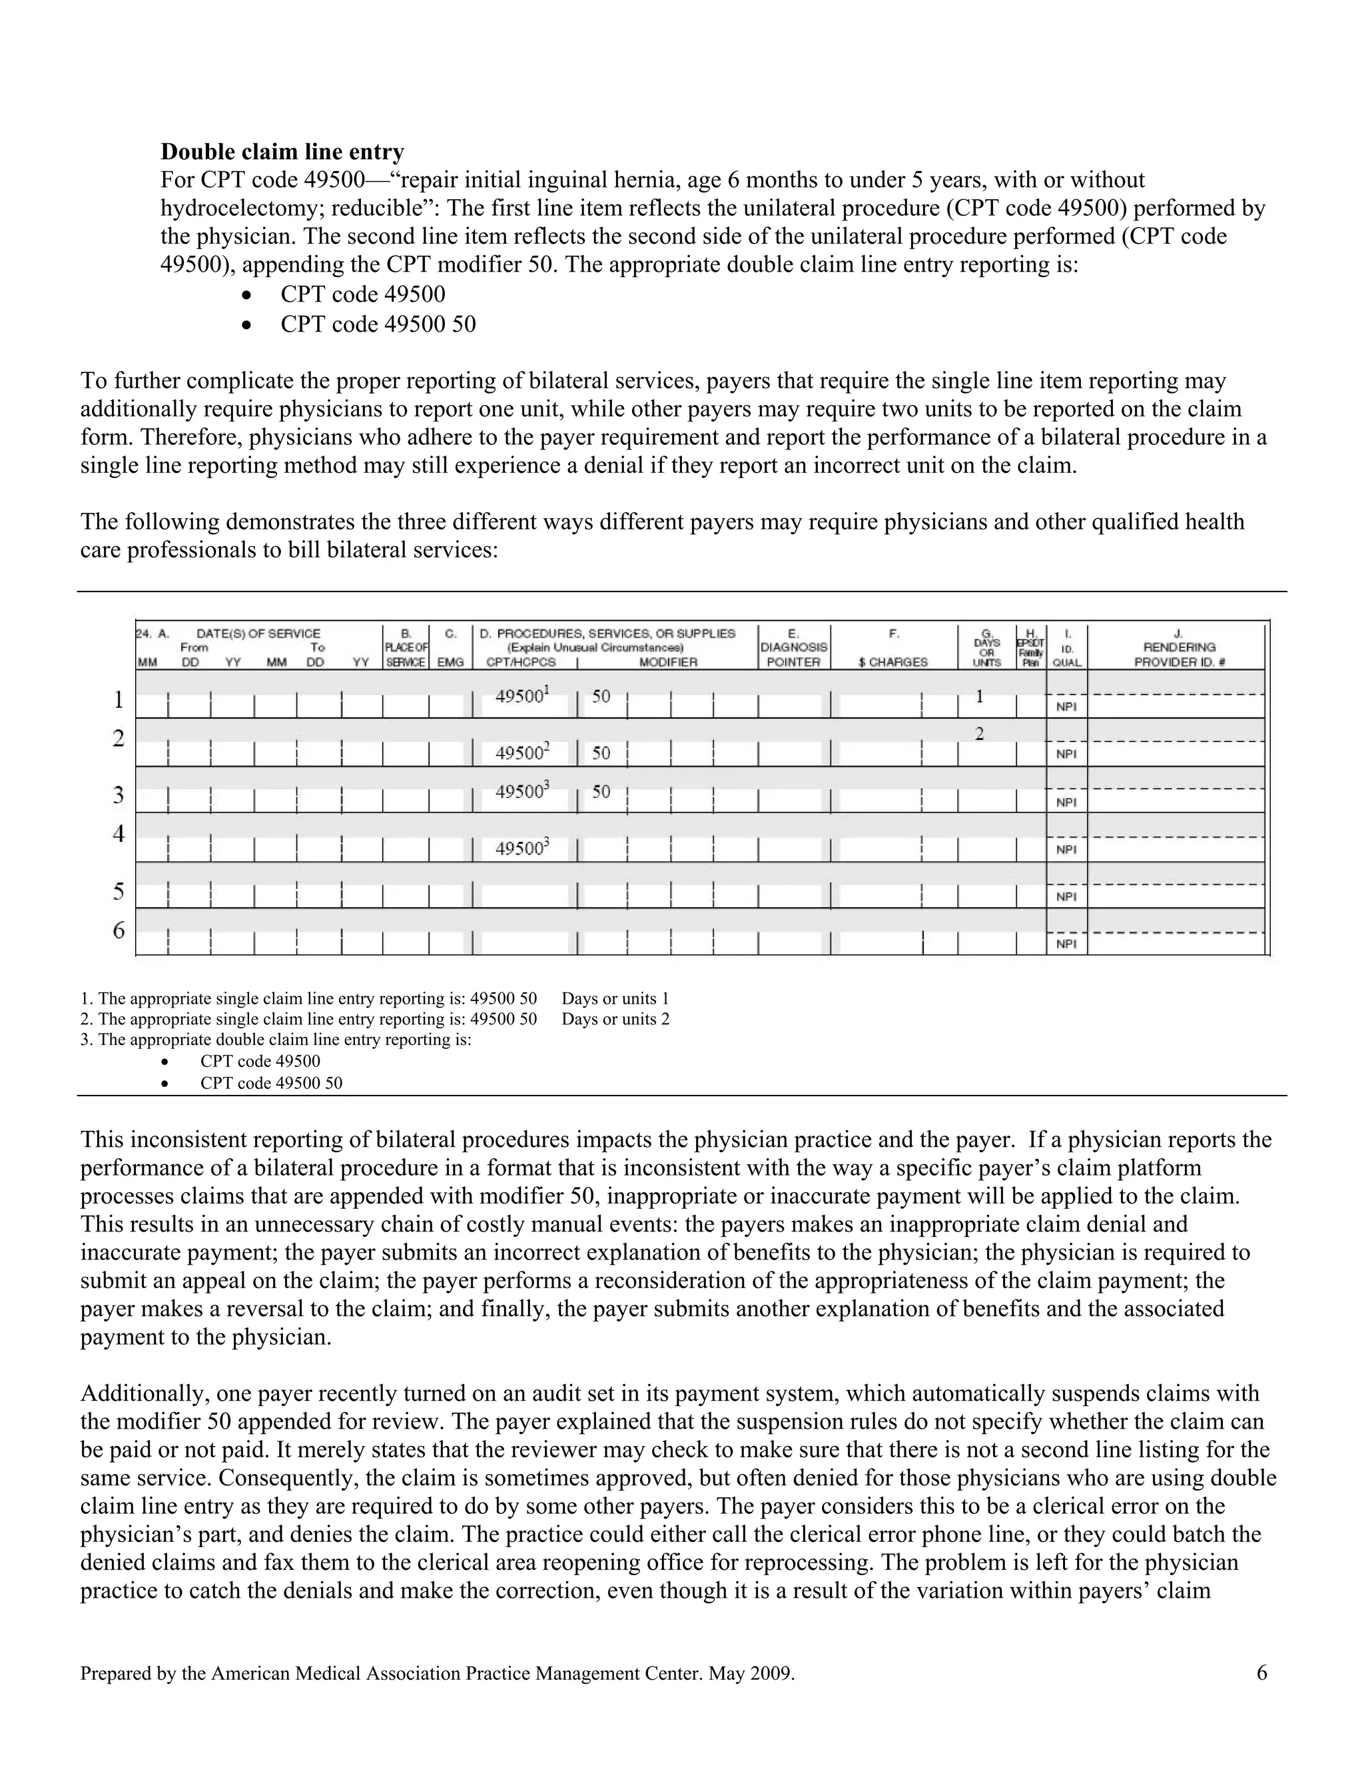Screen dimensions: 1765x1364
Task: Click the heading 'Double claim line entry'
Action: (282, 152)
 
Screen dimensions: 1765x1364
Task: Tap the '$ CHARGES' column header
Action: (893, 662)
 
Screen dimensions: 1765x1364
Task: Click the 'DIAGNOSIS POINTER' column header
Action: (793, 654)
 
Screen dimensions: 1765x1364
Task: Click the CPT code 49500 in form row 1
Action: (519, 696)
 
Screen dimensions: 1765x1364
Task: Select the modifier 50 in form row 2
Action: (601, 753)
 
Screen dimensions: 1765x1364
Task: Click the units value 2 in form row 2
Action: (979, 734)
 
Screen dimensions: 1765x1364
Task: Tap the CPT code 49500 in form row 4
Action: (519, 849)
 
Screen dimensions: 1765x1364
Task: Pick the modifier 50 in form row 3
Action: (601, 792)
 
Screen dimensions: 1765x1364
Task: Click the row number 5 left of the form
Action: (119, 891)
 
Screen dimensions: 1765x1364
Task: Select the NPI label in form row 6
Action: (1066, 944)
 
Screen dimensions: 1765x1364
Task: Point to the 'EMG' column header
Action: (450, 662)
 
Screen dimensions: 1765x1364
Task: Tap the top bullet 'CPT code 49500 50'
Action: (378, 324)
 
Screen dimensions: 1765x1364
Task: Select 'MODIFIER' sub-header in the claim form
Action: (667, 662)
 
